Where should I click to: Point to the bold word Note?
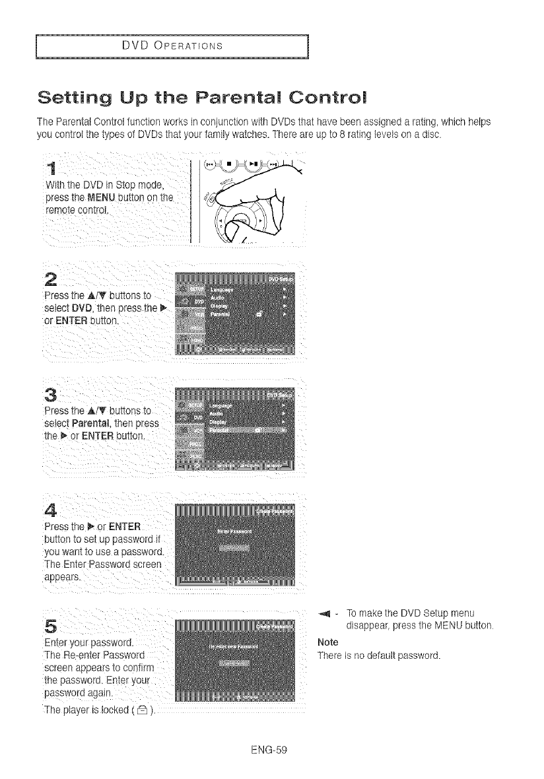(x=327, y=642)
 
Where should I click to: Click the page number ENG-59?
(x=272, y=750)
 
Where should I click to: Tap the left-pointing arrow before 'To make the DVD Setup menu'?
(x=325, y=611)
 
